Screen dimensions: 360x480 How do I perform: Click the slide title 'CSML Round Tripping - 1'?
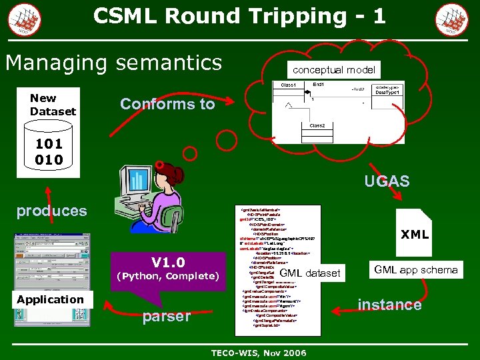239,16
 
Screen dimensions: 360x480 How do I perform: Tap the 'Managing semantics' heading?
113,63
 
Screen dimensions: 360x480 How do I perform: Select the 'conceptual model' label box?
333,69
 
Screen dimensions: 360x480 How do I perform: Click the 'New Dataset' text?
53,105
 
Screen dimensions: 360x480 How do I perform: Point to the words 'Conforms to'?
167,104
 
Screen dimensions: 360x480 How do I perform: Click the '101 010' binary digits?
49,152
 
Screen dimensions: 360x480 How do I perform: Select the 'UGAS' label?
387,181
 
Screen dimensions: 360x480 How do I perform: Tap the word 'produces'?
52,211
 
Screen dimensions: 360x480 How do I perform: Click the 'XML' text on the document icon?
414,235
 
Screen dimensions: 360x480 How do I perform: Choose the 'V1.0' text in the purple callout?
168,262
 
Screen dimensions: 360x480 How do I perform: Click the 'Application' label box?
51,299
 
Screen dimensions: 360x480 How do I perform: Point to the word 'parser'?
166,316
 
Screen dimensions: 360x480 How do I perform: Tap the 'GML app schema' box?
415,269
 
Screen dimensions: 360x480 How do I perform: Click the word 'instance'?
389,305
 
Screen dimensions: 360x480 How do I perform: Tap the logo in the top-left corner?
24,18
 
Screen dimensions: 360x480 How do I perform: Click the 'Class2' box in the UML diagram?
317,125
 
